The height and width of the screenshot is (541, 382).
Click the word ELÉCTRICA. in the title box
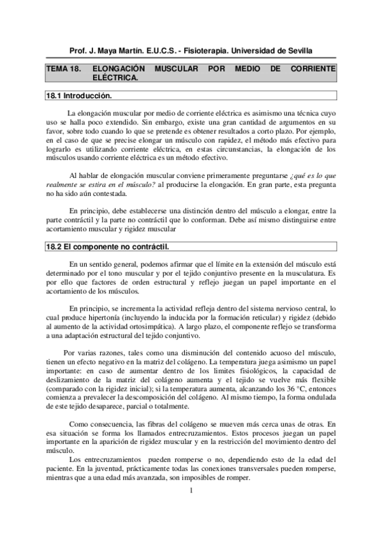pyautogui.click(x=115, y=77)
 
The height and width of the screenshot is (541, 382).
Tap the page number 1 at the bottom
pyautogui.click(x=191, y=490)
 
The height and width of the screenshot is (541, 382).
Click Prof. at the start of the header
pyautogui.click(x=78, y=50)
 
